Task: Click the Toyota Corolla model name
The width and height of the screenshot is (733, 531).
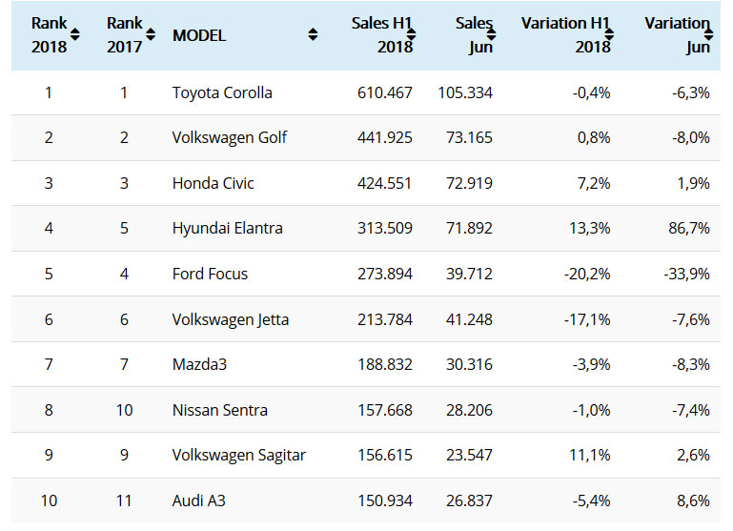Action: pyautogui.click(x=222, y=92)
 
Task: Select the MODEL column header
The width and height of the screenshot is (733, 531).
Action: pyautogui.click(x=199, y=35)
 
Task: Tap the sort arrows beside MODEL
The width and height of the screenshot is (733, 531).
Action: pyautogui.click(x=313, y=35)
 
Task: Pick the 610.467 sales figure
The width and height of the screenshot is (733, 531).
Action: pyautogui.click(x=382, y=92)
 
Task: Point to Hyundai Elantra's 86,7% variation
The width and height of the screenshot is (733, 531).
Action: pyautogui.click(x=683, y=229)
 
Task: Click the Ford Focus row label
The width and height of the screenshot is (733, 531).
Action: pyautogui.click(x=210, y=275)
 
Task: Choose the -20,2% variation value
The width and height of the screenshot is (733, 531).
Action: pyautogui.click(x=583, y=275)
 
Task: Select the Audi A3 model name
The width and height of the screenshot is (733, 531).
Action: pyautogui.click(x=199, y=501)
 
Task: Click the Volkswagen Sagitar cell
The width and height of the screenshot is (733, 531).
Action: pyautogui.click(x=239, y=456)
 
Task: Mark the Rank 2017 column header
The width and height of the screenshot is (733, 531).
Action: pyautogui.click(x=124, y=35)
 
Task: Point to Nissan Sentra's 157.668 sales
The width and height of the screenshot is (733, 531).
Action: pyautogui.click(x=382, y=411)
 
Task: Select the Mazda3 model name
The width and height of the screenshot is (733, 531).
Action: pyautogui.click(x=199, y=365)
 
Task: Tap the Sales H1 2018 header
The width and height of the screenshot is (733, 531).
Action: pyautogui.click(x=381, y=35)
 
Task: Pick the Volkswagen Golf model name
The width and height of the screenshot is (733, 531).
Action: pyautogui.click(x=230, y=138)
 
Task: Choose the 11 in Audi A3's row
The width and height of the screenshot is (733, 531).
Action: pyautogui.click(x=124, y=501)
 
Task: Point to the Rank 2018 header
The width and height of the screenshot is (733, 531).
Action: pyautogui.click(x=50, y=35)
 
